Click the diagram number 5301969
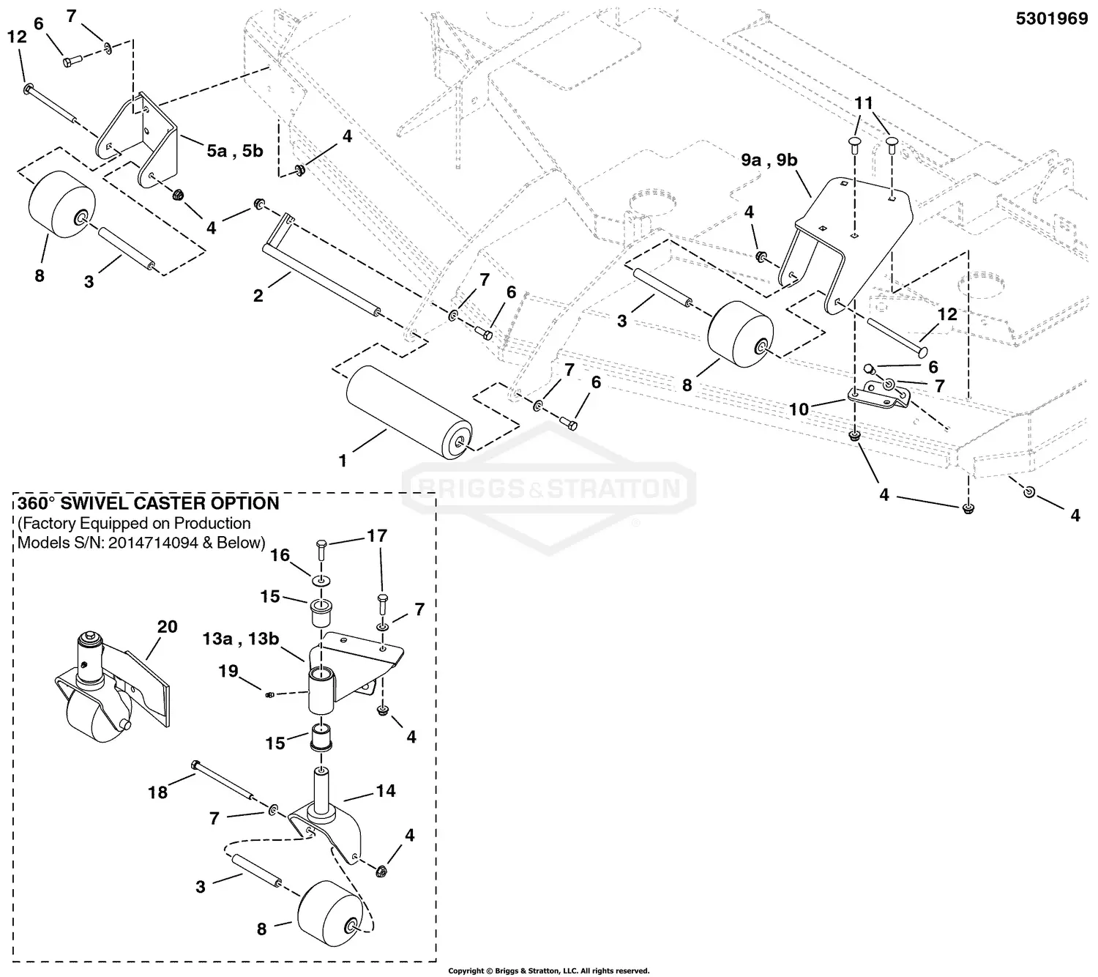pyautogui.click(x=1051, y=19)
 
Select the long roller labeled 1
pyautogui.click(x=408, y=413)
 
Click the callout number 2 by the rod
pyautogui.click(x=258, y=296)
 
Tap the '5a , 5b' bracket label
pyautogui.click(x=234, y=152)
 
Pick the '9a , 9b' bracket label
pyautogui.click(x=769, y=160)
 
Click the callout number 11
pyautogui.click(x=864, y=103)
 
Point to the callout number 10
pyautogui.click(x=799, y=409)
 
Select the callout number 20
pyautogui.click(x=167, y=626)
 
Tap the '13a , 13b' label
pyautogui.click(x=241, y=639)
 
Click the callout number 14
pyautogui.click(x=386, y=790)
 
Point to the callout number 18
pyautogui.click(x=157, y=792)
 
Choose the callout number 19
pyautogui.click(x=228, y=671)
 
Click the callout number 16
pyautogui.click(x=280, y=555)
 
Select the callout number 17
pyautogui.click(x=377, y=536)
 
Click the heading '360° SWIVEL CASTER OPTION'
pyautogui.click(x=149, y=503)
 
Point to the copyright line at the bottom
pyautogui.click(x=548, y=971)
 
